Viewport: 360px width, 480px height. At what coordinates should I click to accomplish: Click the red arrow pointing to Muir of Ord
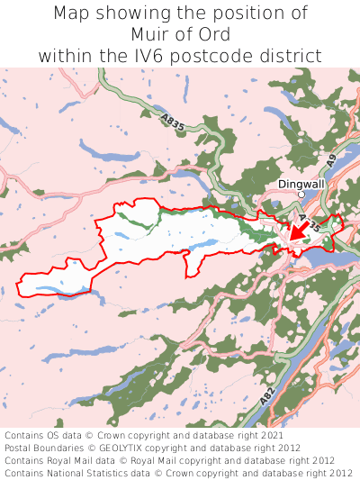pos(296,231)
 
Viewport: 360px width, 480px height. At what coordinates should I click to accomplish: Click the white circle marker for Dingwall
pos(301,193)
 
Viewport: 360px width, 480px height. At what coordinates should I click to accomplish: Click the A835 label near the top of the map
pos(175,122)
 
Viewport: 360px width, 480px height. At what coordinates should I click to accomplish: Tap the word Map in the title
pos(72,14)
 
